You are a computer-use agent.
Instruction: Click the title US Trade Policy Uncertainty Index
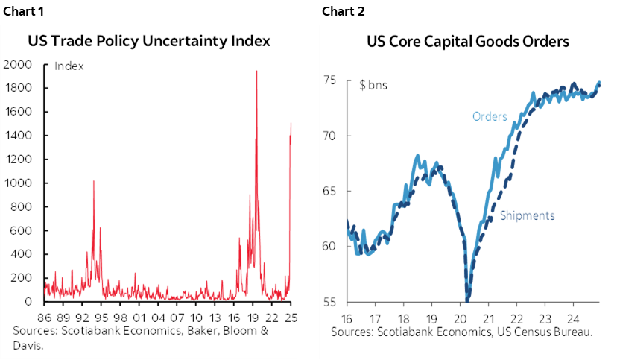[149, 40]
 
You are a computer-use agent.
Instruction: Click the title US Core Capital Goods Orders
[463, 40]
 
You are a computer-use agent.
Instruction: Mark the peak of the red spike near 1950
[256, 72]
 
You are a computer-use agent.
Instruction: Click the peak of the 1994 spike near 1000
[93, 181]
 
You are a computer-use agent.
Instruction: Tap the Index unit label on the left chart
[69, 66]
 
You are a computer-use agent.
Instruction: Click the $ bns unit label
[373, 85]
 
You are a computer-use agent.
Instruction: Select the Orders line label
[490, 117]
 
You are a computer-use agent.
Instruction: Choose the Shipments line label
[527, 215]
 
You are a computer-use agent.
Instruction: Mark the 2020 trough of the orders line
[467, 300]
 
